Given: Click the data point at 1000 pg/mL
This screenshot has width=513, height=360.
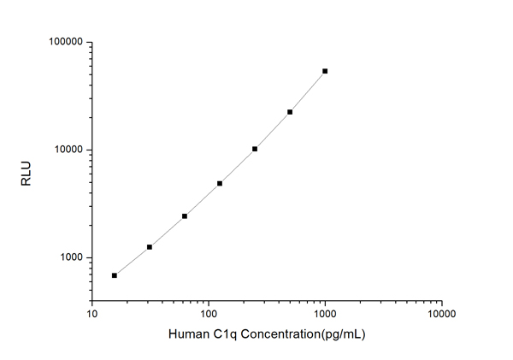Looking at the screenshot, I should click(325, 71).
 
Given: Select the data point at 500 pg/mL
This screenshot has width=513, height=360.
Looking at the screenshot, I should click(290, 112).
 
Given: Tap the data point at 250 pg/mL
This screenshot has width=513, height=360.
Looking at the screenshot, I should click(255, 149).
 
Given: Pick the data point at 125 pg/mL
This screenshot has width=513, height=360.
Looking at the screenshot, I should click(220, 183).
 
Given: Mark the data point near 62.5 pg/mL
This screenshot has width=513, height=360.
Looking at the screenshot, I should click(185, 216).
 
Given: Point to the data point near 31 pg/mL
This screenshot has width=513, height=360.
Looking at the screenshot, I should click(150, 247).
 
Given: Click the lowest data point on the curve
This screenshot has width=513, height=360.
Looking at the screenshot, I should click(115, 275).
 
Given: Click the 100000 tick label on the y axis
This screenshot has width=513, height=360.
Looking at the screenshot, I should click(63, 42).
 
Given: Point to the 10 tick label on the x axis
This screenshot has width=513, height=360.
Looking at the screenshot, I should click(91, 315).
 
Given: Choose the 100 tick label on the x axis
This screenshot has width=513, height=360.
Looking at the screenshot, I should click(208, 315).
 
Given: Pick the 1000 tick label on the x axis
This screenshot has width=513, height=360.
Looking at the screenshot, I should click(324, 315).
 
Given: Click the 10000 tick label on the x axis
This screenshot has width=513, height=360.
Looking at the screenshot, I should click(440, 315).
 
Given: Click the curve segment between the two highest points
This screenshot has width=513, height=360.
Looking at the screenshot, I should click(308, 91).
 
